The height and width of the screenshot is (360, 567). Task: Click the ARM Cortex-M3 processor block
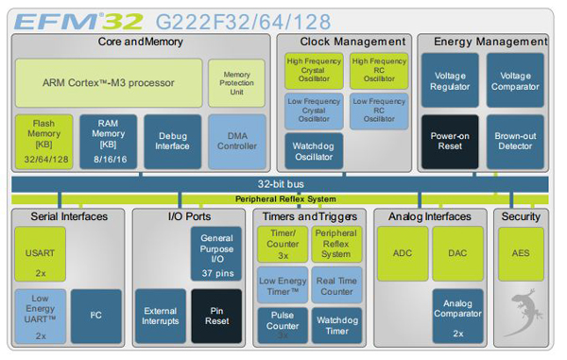coord(108,81)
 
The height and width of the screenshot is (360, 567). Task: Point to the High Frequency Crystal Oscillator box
coord(314,71)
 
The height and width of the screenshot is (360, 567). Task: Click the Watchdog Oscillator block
coord(314,150)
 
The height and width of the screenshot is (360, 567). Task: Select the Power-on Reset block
coord(449,141)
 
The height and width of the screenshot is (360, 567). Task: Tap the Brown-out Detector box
coord(515,141)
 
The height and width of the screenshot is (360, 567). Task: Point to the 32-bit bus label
coord(284,185)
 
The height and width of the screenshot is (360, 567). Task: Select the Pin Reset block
coord(216,315)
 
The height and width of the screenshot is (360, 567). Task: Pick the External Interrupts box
coord(161,315)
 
